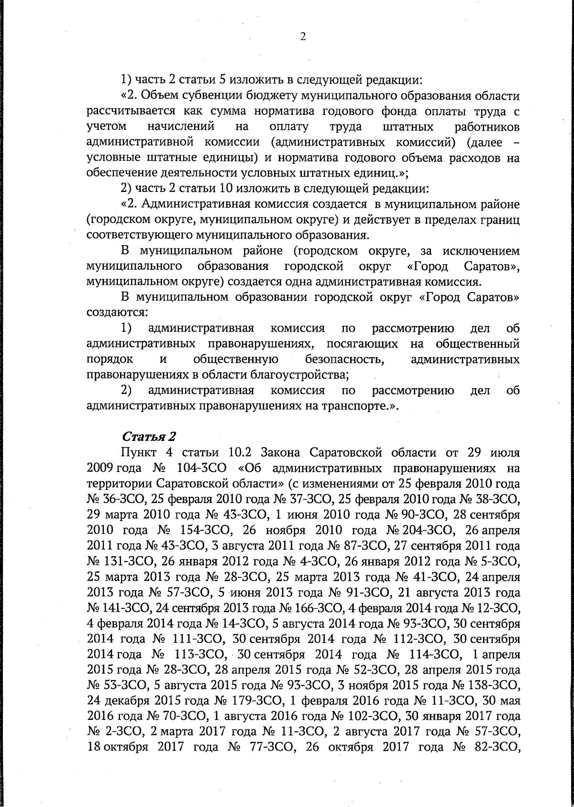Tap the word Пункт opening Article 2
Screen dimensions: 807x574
click(141, 452)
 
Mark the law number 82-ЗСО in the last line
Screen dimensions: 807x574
click(496, 747)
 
